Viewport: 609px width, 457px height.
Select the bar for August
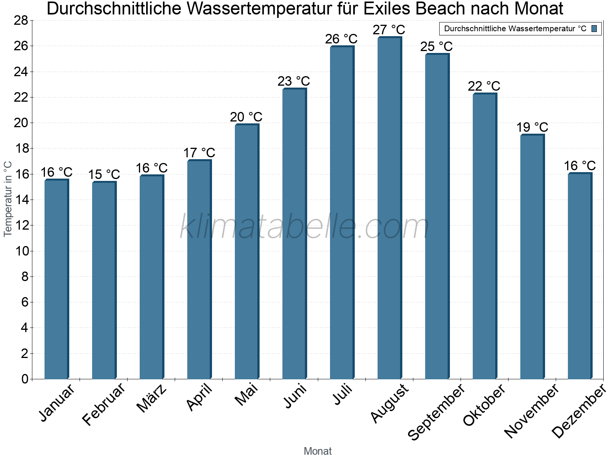389,208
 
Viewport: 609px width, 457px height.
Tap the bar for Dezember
580,276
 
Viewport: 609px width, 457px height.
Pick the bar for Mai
247,251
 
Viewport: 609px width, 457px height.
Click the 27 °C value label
389,30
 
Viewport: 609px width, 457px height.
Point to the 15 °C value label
104,175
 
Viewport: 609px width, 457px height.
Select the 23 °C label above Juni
293,81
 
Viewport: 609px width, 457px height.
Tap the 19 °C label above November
532,127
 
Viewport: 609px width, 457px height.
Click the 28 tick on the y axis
21,21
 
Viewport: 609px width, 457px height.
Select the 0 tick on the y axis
25,379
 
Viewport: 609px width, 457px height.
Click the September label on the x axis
436,412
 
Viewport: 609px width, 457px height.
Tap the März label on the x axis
152,398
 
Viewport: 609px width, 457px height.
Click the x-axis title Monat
317,451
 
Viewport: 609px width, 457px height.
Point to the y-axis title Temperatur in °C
8,199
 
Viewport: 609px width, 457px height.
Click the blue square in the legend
595,29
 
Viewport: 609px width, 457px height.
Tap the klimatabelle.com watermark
304,227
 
